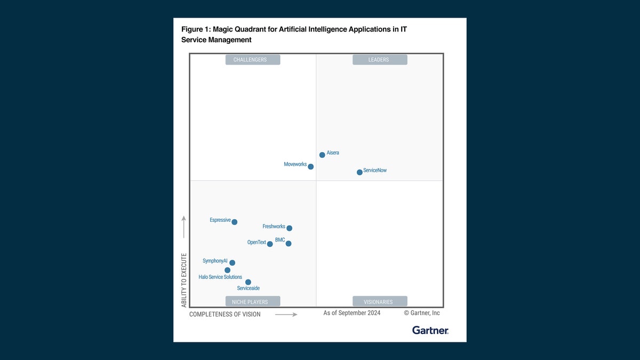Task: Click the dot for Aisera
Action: click(322, 155)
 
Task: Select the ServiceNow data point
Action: click(359, 172)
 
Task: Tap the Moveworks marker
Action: click(311, 166)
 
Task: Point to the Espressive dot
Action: click(234, 222)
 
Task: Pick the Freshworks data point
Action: click(289, 228)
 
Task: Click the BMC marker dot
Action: click(289, 244)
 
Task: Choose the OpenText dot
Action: click(270, 244)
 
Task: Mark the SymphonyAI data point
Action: click(232, 262)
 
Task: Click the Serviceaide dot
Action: click(248, 282)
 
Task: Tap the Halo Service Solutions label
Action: click(220, 277)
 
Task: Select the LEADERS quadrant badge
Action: click(380, 60)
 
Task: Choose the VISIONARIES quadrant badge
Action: click(380, 301)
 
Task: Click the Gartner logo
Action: click(430, 330)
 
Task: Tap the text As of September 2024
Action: click(352, 313)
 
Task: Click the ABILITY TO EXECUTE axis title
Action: click(184, 280)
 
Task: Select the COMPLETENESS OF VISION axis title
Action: click(225, 315)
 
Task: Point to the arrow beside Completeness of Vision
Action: click(286, 315)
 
